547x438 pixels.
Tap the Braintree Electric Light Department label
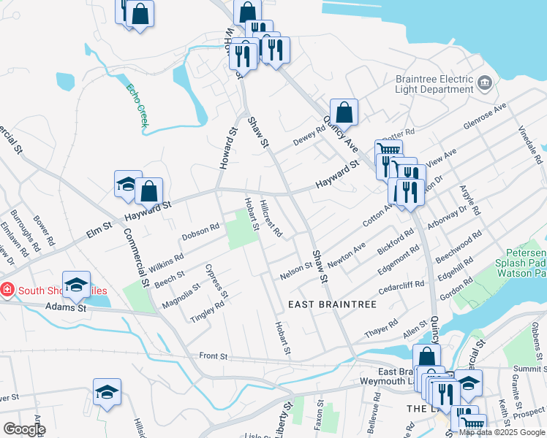(x=434, y=83)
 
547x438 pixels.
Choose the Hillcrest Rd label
(x=272, y=218)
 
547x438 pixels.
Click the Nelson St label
(x=297, y=271)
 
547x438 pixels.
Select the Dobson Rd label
(x=201, y=231)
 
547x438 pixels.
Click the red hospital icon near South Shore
(x=7, y=290)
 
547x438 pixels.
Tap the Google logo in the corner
(x=24, y=429)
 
